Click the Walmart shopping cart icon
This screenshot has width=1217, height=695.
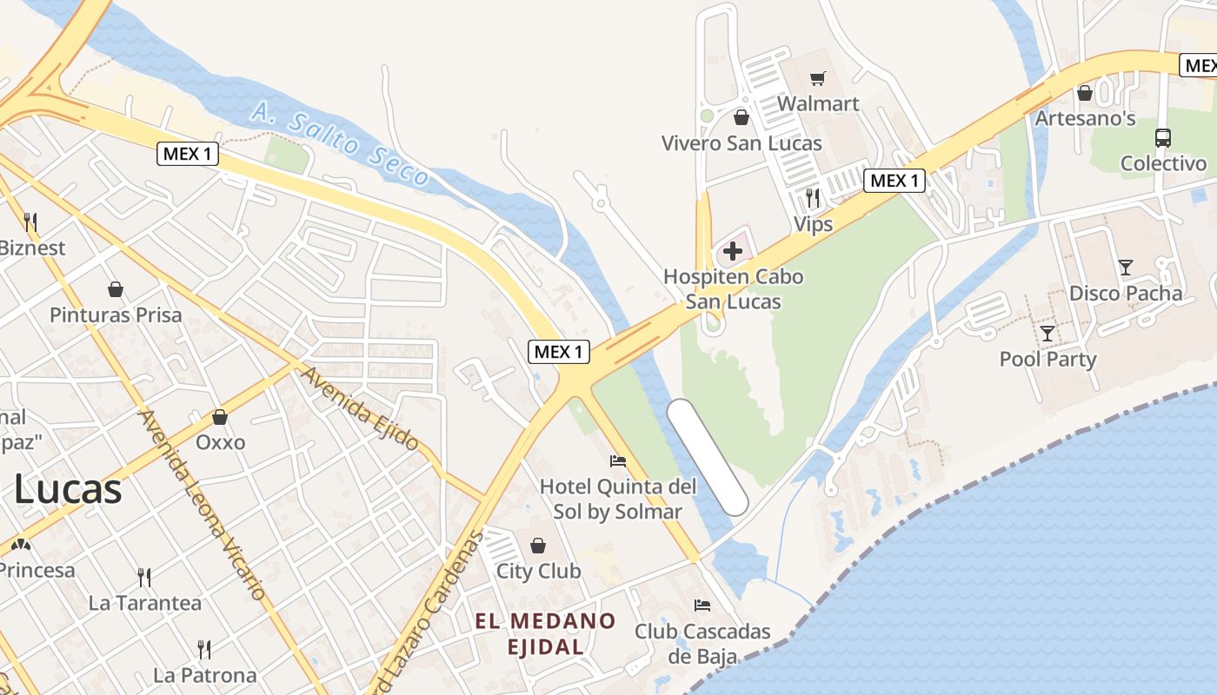(x=817, y=79)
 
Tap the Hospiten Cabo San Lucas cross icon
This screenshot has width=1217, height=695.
(x=733, y=252)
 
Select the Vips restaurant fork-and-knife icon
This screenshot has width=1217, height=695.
(x=813, y=198)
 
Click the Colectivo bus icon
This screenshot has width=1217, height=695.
(x=1163, y=137)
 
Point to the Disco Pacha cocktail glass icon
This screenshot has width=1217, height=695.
(x=1126, y=268)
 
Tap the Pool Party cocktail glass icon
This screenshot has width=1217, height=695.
(x=1047, y=333)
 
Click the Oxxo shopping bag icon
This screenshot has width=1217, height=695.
(x=220, y=418)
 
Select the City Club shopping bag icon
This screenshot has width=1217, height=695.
(x=538, y=546)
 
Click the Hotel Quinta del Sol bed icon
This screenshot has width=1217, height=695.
(x=618, y=460)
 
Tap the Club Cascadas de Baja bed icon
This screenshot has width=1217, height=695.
(x=702, y=605)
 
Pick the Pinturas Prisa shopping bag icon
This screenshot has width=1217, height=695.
(x=116, y=288)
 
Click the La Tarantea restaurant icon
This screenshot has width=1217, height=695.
(x=145, y=577)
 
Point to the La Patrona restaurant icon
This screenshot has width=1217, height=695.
(x=204, y=649)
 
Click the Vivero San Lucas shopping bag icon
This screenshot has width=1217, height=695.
(x=742, y=116)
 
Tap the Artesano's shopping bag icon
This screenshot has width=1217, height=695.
(x=1085, y=92)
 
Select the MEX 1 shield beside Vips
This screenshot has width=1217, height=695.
(x=894, y=181)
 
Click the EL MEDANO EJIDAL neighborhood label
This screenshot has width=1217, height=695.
(x=545, y=634)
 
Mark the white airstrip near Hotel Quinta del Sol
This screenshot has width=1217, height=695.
(x=708, y=457)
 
